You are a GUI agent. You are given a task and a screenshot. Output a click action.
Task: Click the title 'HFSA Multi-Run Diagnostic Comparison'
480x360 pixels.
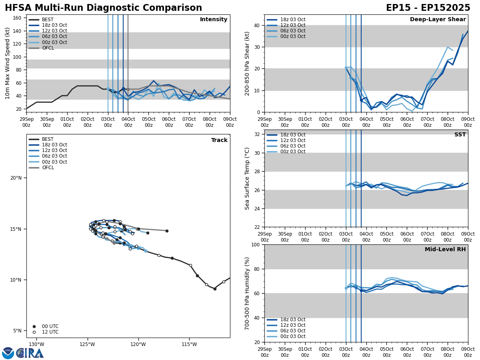[x=103, y=8]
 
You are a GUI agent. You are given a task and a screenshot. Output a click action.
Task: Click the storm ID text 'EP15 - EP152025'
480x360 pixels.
[x=428, y=8]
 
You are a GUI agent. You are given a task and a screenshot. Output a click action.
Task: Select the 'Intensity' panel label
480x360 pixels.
[x=214, y=20]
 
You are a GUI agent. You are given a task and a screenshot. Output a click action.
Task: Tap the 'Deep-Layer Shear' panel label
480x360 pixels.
[x=438, y=20]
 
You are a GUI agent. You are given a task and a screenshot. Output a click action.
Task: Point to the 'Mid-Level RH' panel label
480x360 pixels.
[x=445, y=250]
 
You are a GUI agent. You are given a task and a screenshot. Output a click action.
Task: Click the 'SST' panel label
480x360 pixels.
[x=460, y=135]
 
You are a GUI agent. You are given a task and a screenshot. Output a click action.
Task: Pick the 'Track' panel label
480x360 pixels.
[x=219, y=140]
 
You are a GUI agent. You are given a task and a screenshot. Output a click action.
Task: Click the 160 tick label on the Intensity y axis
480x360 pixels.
[x=18, y=18]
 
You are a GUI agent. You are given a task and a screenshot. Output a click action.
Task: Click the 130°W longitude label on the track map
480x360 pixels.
[x=36, y=344]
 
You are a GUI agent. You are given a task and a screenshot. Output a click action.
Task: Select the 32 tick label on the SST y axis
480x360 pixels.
[x=256, y=134]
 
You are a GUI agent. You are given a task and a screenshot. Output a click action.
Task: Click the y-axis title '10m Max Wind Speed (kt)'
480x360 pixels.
[x=8, y=63]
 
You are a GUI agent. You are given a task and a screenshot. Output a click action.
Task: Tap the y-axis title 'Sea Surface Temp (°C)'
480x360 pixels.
[x=247, y=178]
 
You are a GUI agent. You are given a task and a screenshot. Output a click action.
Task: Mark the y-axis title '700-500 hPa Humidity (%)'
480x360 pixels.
[x=247, y=293]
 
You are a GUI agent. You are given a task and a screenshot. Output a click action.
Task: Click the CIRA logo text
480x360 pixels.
[x=30, y=353]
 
